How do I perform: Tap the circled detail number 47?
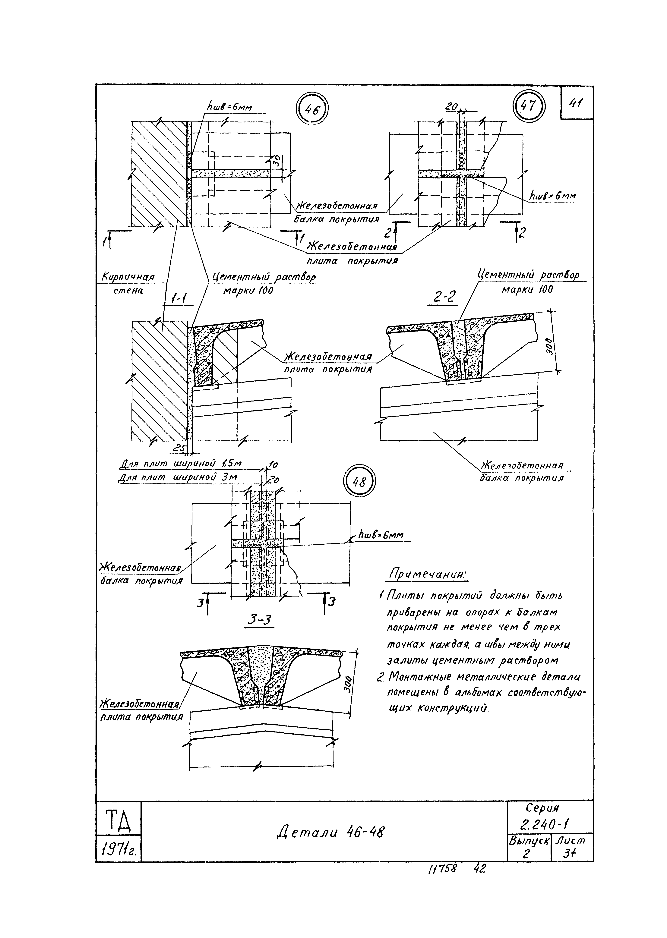529,106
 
